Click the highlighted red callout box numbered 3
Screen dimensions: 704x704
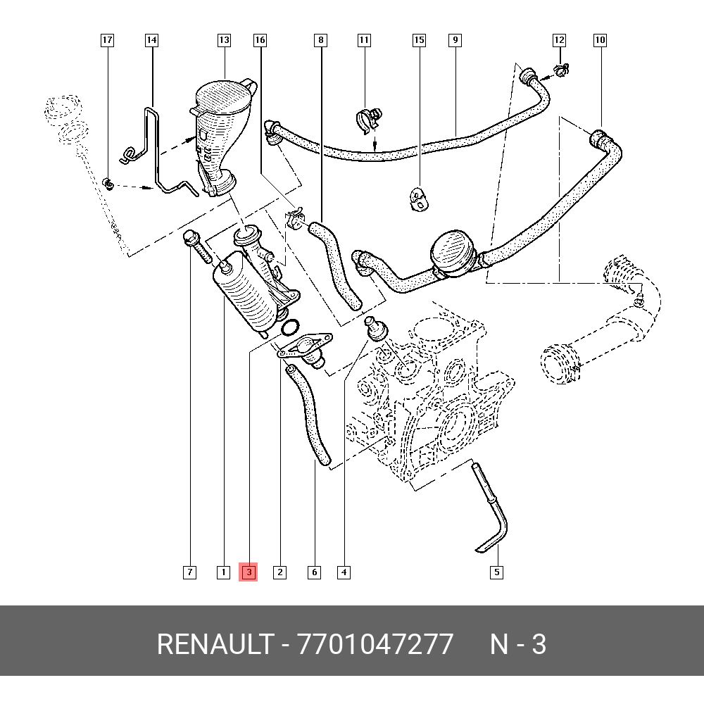coord(249,572)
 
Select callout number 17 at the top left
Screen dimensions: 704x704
coord(107,40)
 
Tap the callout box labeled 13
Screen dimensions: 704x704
coord(224,40)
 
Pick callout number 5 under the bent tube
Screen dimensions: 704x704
coord(496,572)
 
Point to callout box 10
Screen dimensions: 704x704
coord(600,40)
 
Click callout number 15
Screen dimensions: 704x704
coord(419,40)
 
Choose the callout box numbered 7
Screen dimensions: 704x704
coord(189,572)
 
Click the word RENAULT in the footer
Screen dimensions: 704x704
coord(214,644)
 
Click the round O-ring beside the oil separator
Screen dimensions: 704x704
coord(290,327)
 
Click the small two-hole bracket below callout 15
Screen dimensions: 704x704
coord(419,199)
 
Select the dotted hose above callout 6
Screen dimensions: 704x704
coord(310,415)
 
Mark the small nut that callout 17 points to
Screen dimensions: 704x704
coord(108,184)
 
